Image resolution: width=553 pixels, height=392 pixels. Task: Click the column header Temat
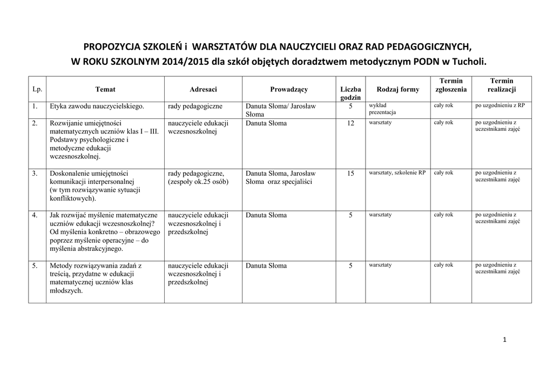pyautogui.click(x=105, y=89)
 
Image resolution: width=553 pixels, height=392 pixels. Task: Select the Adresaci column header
pyautogui.click(x=203, y=89)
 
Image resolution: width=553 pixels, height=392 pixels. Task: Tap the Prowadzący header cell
pyautogui.click(x=289, y=89)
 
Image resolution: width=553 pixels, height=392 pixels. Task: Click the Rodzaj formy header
pyautogui.click(x=398, y=89)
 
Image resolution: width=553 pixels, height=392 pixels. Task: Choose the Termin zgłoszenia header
pyautogui.click(x=451, y=85)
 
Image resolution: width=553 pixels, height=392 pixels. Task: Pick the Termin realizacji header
pyautogui.click(x=502, y=85)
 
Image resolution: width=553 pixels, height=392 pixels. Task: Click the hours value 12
pyautogui.click(x=350, y=123)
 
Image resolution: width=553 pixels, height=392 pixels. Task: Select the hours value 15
pyautogui.click(x=350, y=174)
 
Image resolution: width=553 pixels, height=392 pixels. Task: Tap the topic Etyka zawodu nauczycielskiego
pyautogui.click(x=97, y=107)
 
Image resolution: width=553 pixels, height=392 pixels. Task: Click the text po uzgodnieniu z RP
pyautogui.click(x=500, y=106)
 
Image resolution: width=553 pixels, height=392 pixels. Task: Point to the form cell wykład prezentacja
pyautogui.click(x=382, y=109)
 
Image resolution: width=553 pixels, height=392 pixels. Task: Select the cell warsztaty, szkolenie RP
pyautogui.click(x=397, y=173)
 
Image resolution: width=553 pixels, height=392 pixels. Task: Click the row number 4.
pyautogui.click(x=35, y=215)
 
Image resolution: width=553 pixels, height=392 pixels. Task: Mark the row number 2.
pyautogui.click(x=35, y=123)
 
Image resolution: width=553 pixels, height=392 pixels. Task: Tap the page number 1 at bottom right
pyautogui.click(x=504, y=340)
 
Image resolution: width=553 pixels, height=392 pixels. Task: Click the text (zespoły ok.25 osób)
pyautogui.click(x=198, y=182)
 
